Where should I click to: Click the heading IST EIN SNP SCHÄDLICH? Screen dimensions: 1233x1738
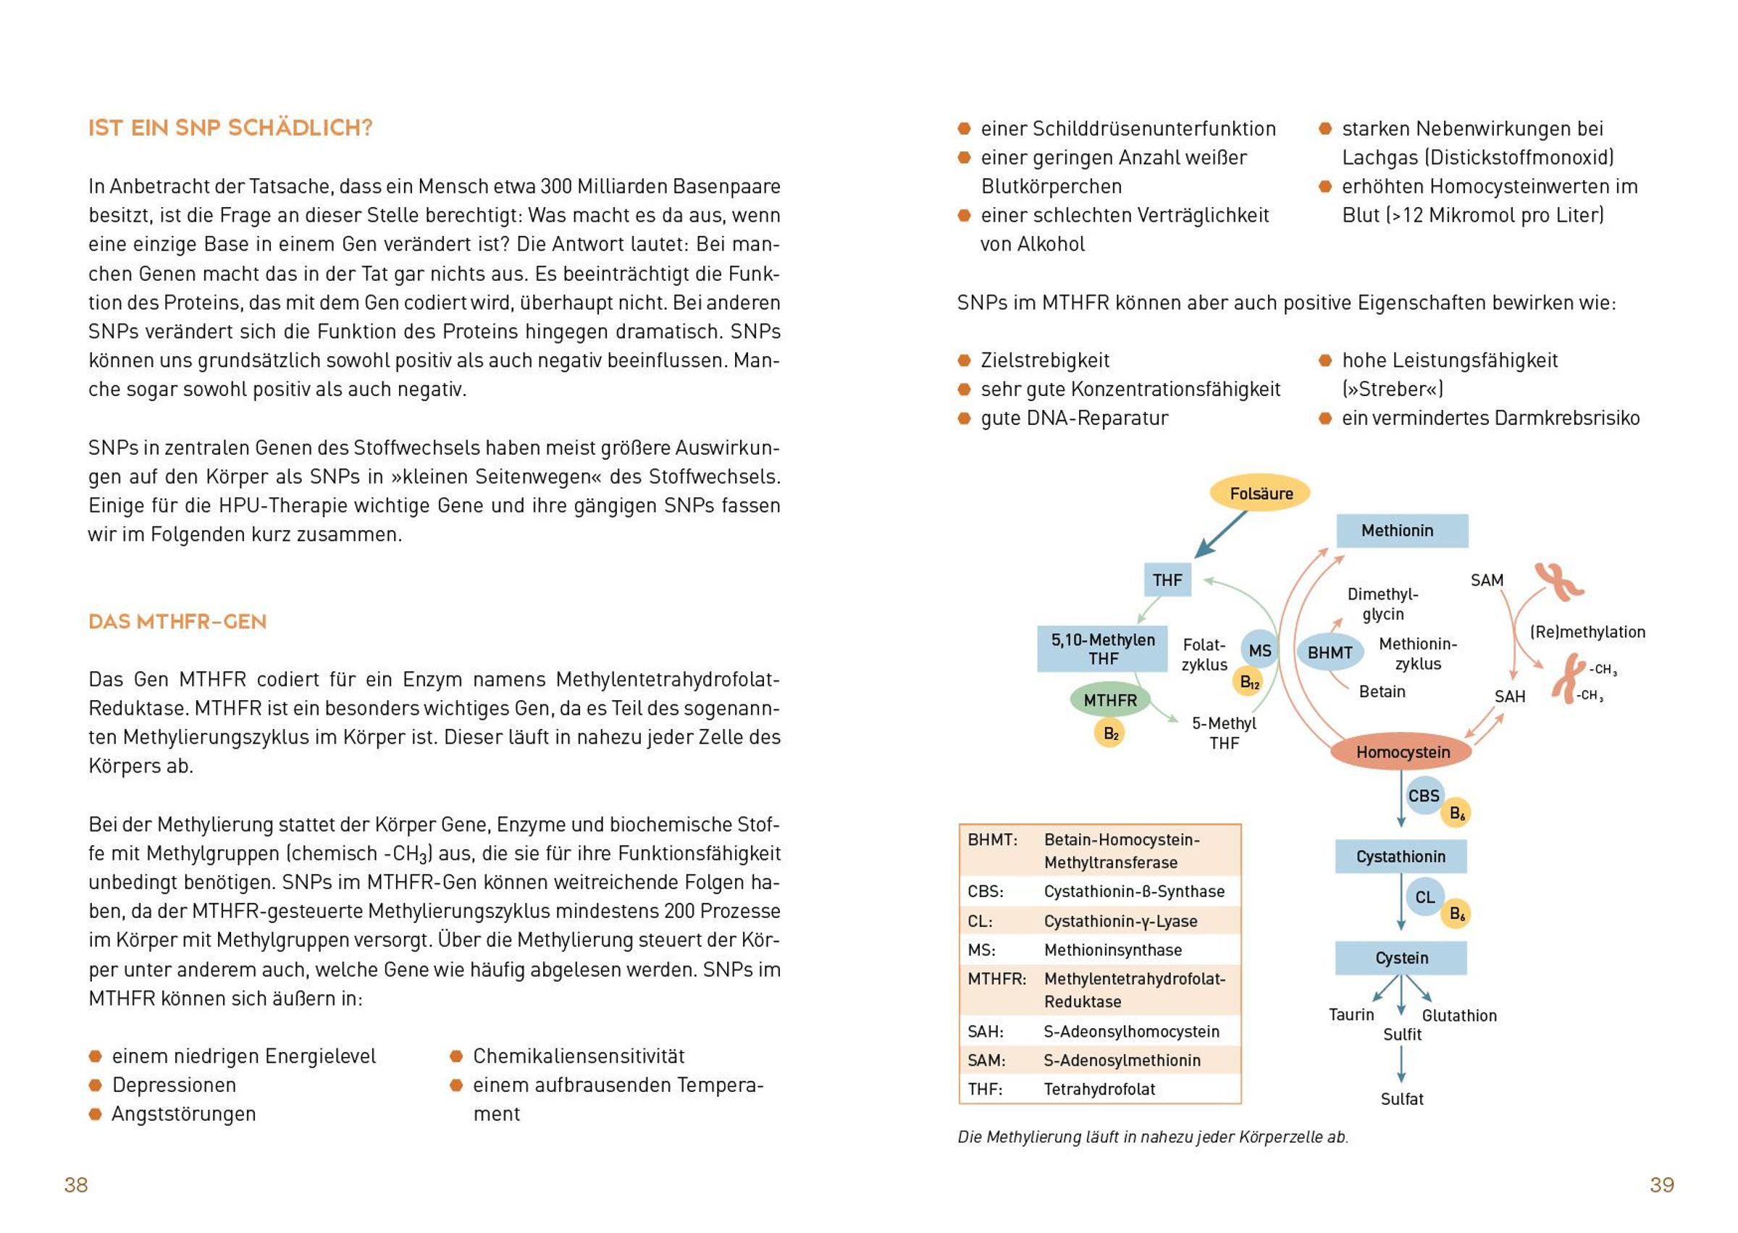(x=230, y=127)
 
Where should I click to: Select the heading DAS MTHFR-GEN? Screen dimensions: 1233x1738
(x=177, y=622)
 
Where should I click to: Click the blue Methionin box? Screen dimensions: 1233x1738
(x=1402, y=531)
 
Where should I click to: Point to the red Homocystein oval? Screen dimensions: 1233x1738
(x=1403, y=752)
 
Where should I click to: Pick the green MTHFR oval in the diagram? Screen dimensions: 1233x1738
(x=1109, y=700)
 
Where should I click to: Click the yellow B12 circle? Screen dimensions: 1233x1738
(x=1249, y=682)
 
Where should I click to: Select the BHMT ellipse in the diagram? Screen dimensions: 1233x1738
(x=1330, y=652)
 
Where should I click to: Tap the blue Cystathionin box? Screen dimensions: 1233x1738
(x=1401, y=857)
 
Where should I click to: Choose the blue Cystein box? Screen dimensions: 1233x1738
(x=1401, y=958)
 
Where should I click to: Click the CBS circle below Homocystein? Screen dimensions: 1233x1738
(x=1423, y=796)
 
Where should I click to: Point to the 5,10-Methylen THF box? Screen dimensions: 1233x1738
(x=1101, y=649)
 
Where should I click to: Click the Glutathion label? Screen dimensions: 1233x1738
(x=1458, y=1016)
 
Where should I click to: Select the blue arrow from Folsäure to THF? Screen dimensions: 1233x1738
(x=1221, y=534)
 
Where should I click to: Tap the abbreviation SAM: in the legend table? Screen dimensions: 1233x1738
(x=986, y=1060)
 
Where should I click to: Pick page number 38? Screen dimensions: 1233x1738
(x=76, y=1185)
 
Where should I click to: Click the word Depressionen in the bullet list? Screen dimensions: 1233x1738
(x=174, y=1085)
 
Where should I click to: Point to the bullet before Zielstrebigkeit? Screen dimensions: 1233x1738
(x=965, y=360)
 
